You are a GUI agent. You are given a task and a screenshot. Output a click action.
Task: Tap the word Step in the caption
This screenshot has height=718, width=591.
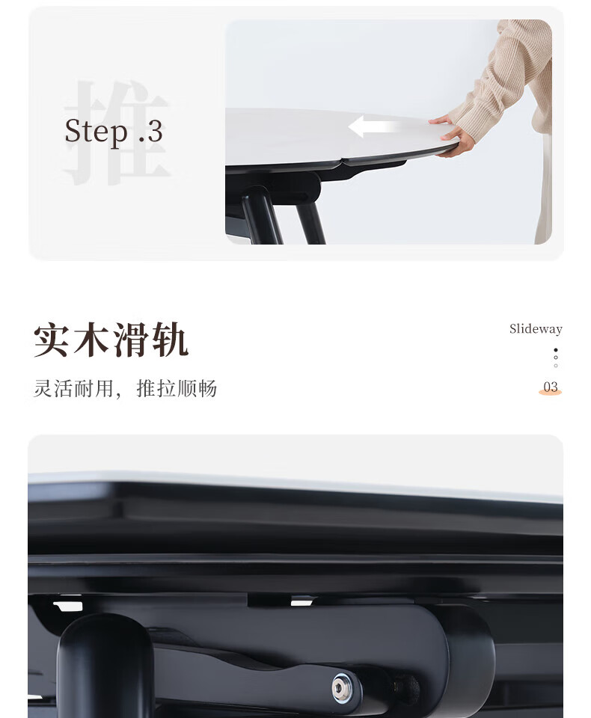click(97, 132)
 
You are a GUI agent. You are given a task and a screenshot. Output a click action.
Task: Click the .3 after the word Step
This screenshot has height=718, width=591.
click(150, 132)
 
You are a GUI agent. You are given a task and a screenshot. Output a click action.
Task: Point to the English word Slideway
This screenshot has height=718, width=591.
click(536, 329)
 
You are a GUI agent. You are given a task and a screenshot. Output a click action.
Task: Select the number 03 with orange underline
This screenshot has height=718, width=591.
click(550, 387)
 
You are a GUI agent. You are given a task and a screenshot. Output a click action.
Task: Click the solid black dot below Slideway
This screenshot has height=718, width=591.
click(556, 350)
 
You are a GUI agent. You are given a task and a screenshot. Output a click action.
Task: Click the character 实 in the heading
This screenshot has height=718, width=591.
click(52, 340)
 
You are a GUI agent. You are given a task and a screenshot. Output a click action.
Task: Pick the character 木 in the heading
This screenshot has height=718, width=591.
click(91, 340)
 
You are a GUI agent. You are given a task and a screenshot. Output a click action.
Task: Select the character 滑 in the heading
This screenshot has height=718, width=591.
click(131, 340)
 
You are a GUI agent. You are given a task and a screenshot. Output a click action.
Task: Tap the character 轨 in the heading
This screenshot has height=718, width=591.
click(170, 340)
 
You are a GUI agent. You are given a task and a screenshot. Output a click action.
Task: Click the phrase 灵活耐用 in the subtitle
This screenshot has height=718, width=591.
click(73, 389)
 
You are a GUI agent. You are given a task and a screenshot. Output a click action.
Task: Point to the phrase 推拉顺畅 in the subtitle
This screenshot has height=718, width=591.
click(177, 389)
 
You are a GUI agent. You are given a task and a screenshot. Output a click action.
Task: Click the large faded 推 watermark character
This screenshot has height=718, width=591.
click(117, 133)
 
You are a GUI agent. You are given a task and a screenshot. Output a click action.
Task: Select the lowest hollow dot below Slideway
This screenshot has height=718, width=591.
click(556, 366)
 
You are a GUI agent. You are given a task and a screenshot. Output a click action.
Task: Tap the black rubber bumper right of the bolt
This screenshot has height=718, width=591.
click(407, 689)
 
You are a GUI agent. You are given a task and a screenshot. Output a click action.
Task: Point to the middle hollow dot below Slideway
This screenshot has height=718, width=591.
click(556, 358)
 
